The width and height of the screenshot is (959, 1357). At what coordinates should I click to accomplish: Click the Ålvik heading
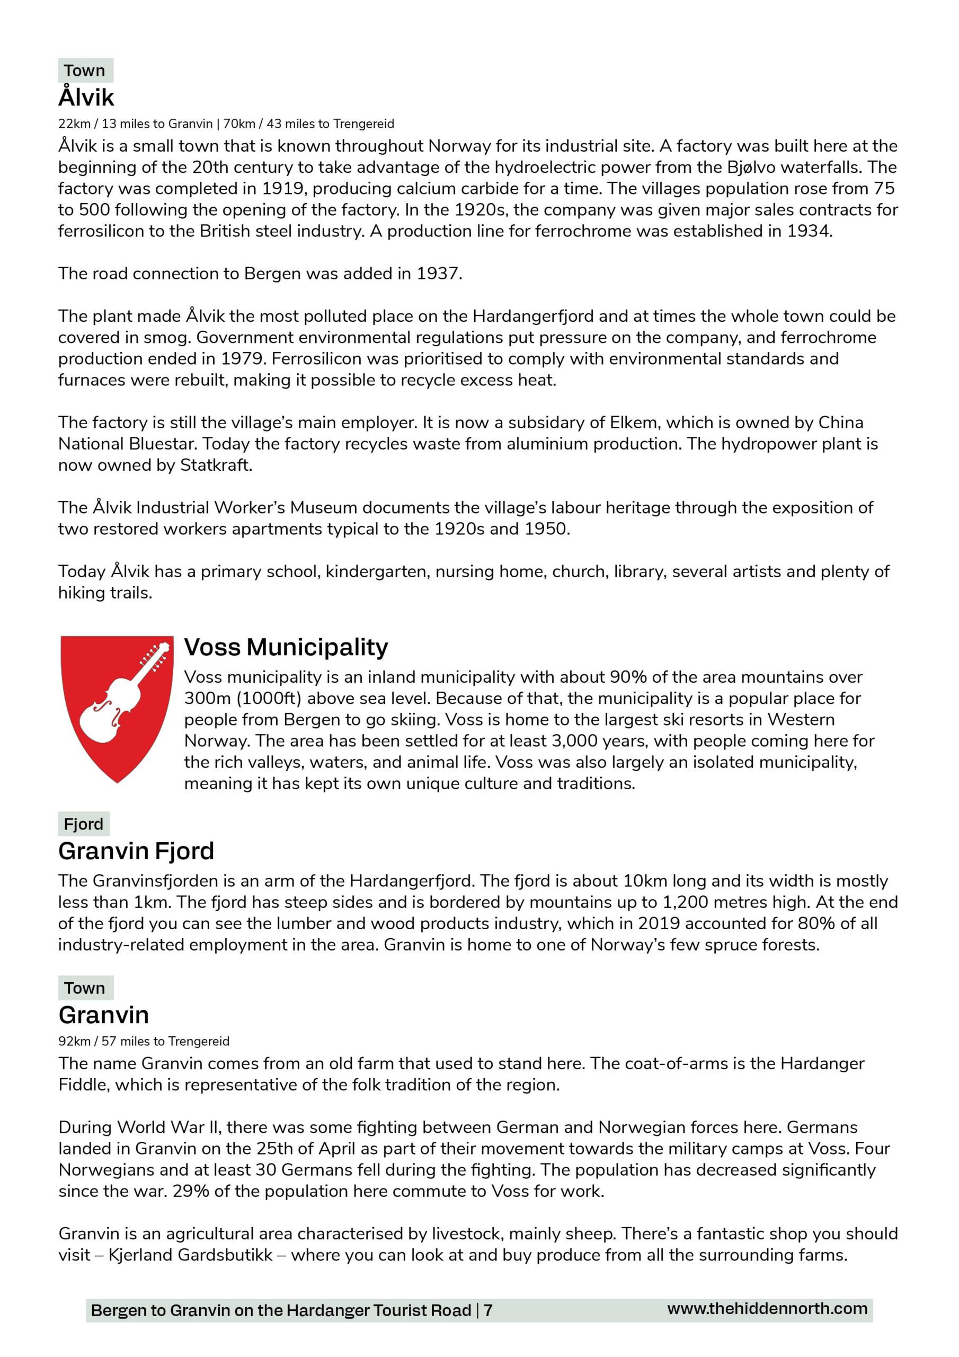[86, 98]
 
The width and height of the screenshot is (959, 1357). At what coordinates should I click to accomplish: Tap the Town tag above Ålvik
[85, 71]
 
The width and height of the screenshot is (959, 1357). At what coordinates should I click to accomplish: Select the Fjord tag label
[83, 824]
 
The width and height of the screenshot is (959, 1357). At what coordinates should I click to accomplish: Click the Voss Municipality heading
[286, 647]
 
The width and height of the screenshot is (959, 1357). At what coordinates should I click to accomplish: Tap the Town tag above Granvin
[85, 988]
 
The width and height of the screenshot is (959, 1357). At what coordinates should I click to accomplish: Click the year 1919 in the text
[282, 189]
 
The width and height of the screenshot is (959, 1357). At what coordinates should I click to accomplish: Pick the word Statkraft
[216, 465]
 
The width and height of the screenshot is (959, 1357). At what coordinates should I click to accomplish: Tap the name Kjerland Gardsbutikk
[190, 1255]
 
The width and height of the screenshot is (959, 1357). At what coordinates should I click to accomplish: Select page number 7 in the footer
[488, 1310]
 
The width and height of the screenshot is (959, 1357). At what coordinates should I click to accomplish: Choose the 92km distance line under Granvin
[144, 1041]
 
